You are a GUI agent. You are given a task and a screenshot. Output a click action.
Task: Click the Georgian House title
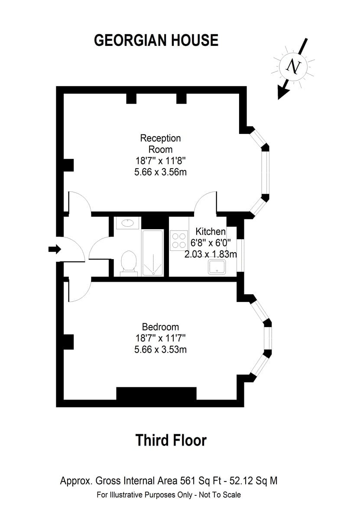click(156, 40)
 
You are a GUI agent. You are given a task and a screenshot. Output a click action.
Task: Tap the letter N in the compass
click(293, 66)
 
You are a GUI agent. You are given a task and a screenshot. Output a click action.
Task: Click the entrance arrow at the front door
click(55, 250)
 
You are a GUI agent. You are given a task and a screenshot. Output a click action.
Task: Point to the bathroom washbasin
click(128, 223)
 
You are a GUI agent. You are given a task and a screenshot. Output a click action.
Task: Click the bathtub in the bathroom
click(152, 253)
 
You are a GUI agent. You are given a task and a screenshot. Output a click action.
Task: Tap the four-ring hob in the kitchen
click(179, 240)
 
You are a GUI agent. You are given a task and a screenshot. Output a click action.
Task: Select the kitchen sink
click(217, 267)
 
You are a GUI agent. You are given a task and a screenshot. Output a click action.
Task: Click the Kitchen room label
click(211, 232)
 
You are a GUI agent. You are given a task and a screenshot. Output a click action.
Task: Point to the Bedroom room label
click(160, 327)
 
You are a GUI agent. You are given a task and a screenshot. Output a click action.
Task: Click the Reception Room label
click(160, 144)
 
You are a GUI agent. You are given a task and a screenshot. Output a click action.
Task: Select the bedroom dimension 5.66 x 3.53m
click(160, 349)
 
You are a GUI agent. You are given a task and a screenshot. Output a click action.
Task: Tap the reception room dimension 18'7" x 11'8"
click(160, 161)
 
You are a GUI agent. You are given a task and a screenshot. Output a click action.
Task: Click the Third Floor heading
click(171, 440)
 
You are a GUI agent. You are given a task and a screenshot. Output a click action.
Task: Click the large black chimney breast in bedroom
click(156, 393)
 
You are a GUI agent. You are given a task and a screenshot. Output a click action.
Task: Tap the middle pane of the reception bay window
click(266, 172)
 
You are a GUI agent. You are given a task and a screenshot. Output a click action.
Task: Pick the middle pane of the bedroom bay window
click(268, 338)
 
